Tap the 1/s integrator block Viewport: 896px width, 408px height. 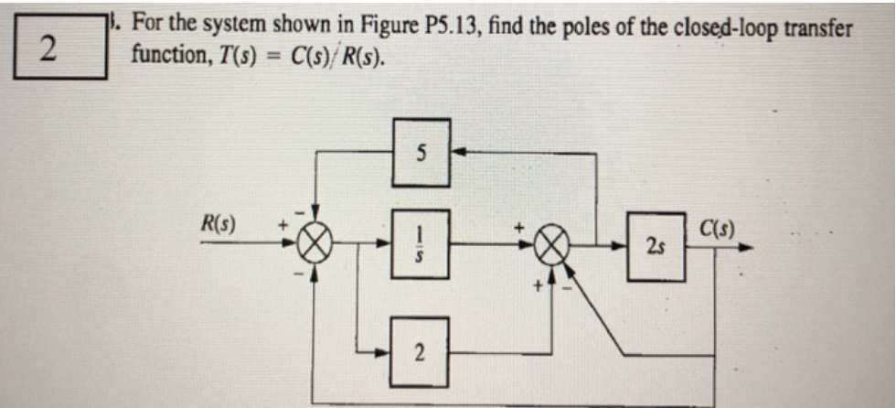418,244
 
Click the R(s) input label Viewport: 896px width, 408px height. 217,222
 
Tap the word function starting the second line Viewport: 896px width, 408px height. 163,56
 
